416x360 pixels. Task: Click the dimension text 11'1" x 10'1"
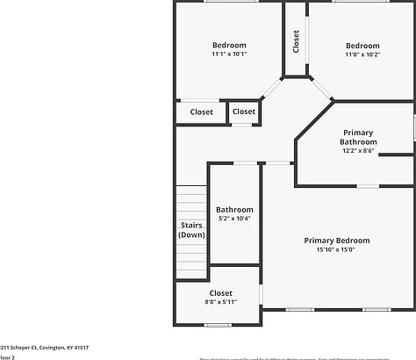229,54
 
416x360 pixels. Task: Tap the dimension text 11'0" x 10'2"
362,54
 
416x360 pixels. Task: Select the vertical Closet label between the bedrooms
296,41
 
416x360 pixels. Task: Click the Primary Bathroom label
358,137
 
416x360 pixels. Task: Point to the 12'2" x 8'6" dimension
358,151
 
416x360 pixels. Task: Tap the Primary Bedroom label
336,241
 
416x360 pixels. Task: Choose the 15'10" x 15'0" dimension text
336,250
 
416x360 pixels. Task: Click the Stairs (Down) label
191,230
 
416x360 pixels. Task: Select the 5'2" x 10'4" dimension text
234,219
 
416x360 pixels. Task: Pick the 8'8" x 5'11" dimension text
220,302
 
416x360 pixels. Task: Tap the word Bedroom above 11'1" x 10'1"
229,45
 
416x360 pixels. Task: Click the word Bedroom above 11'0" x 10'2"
362,46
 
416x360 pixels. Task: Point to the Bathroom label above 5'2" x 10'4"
234,210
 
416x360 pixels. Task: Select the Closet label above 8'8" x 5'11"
220,292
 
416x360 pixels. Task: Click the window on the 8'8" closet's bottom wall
218,326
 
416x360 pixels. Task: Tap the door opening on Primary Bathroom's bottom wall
368,185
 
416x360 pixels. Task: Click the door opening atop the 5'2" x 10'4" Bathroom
245,162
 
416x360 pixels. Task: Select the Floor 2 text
7,357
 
